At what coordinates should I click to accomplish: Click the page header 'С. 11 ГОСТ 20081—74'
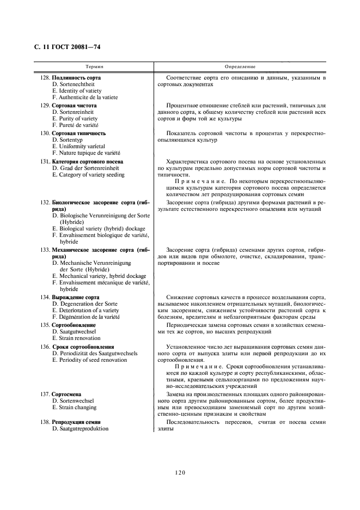point(63,47)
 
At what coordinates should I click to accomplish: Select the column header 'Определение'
point(240,66)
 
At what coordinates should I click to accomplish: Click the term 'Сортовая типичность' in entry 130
point(78,133)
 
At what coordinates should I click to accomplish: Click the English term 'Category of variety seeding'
point(88,175)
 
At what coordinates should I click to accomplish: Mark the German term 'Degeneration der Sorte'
point(84,304)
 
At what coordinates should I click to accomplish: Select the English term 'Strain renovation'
point(76,338)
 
